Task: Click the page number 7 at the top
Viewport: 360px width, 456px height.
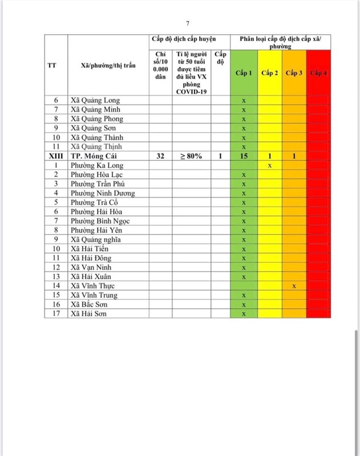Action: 188,23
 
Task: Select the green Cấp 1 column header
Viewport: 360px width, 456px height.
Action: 244,73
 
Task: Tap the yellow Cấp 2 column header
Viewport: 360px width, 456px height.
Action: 270,73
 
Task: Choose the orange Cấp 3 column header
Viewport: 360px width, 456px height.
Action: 294,73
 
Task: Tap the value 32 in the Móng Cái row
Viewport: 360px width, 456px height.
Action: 160,156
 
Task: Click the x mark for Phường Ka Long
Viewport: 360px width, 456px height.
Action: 270,165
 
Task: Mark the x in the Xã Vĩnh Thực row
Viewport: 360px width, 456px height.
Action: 294,286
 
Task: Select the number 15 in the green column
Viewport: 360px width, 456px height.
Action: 244,156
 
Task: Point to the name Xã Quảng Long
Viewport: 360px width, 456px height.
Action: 95,100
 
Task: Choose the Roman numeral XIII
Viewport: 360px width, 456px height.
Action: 56,156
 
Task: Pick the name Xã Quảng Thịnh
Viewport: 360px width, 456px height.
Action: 96,146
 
